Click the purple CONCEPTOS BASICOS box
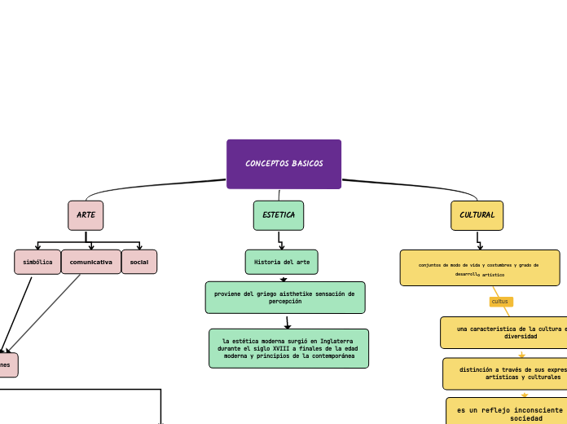tap(283, 164)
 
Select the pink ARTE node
tap(86, 215)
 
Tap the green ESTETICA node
tap(279, 215)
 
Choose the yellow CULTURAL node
tap(477, 215)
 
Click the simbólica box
tap(37, 262)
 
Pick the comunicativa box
tap(91, 262)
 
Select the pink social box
tap(139, 262)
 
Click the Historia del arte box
tap(282, 262)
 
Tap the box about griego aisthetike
tap(285, 298)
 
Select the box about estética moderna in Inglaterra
tap(289, 348)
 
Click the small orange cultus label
tap(500, 302)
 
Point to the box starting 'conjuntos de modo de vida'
tap(479, 268)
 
